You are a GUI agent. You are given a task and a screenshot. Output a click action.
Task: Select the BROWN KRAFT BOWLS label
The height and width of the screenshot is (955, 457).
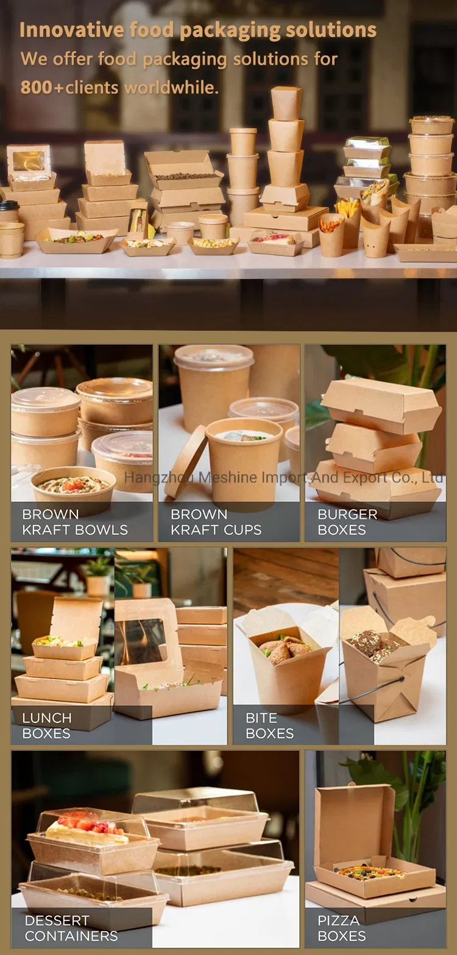[x=74, y=522]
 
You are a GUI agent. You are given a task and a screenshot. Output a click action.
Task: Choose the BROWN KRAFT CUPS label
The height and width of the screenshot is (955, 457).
[x=215, y=522]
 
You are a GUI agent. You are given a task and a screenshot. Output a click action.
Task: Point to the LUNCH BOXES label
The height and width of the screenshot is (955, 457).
[x=46, y=725]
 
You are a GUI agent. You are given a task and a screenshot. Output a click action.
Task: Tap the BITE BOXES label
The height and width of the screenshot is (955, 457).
[x=269, y=725]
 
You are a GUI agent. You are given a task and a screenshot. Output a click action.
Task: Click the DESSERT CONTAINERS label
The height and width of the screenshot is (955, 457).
[x=71, y=928]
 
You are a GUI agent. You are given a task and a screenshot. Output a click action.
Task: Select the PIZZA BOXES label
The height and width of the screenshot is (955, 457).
[x=342, y=928]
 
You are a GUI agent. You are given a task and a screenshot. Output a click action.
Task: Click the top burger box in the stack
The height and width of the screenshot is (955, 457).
[x=381, y=406]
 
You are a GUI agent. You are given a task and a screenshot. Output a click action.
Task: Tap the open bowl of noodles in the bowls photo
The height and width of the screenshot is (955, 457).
[x=72, y=486]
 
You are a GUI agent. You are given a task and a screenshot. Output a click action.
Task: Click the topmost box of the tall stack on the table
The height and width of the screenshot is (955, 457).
[x=286, y=103]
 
